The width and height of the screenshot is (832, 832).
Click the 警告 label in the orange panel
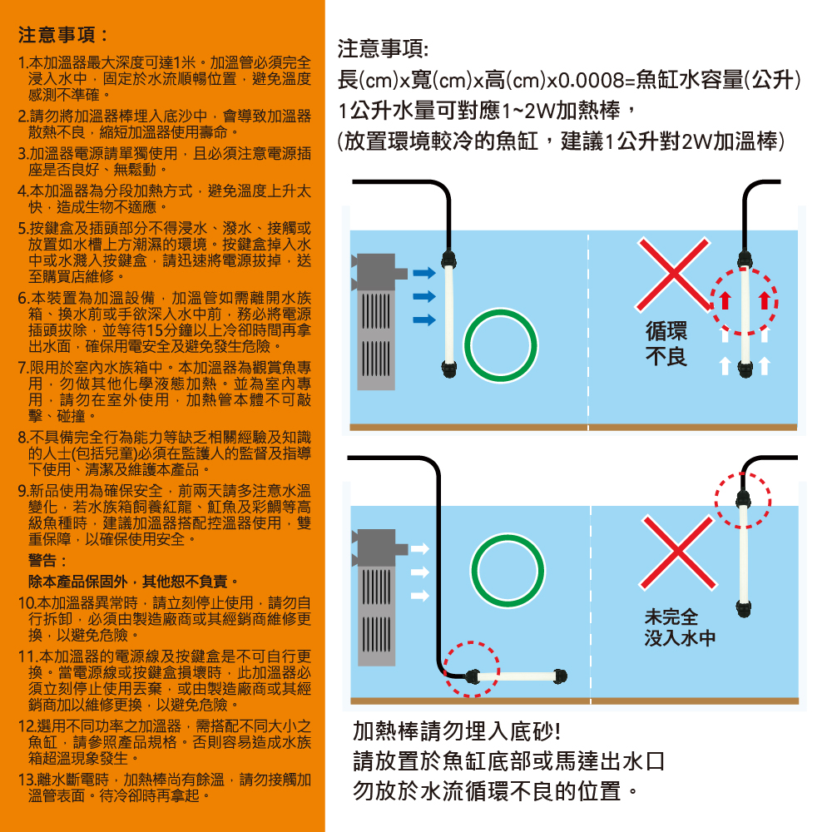tap(47, 560)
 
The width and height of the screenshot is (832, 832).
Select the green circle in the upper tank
tap(500, 345)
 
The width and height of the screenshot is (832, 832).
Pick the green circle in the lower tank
tap(508, 571)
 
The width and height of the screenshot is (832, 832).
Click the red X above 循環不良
tap(673, 274)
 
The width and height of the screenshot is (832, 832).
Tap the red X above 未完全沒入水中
tap(678, 552)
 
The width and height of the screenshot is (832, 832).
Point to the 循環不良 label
tap(666, 344)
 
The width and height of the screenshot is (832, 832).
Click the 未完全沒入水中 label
tap(680, 627)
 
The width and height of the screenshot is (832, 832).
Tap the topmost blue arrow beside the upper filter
tap(424, 273)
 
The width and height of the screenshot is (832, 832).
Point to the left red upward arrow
tap(725, 300)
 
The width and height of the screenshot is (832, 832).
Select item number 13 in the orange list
tap(165, 787)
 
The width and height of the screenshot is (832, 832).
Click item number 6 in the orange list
tap(165, 322)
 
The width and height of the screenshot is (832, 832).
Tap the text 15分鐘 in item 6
tap(169, 330)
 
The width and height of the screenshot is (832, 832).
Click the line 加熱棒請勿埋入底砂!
tap(457, 731)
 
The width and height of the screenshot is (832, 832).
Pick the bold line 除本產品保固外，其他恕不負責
tap(132, 582)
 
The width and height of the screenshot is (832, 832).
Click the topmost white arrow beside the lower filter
tap(419, 548)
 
